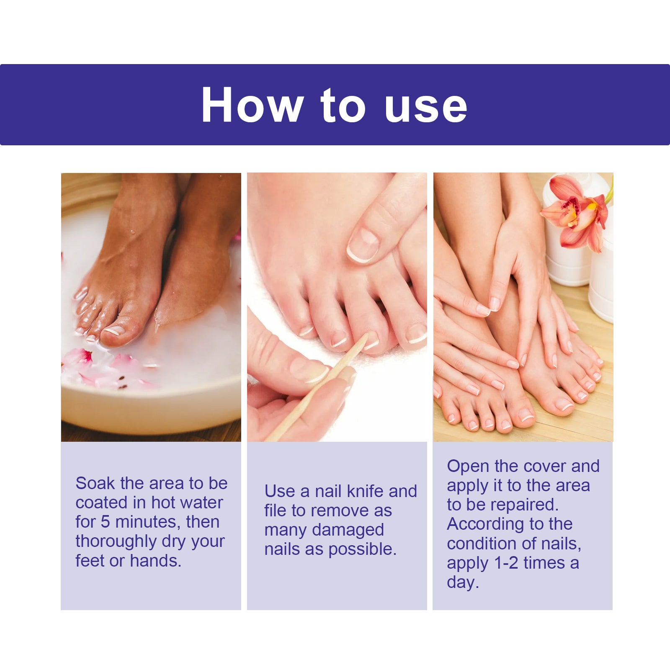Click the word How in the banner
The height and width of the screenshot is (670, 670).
pyautogui.click(x=252, y=105)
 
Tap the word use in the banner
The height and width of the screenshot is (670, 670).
pyautogui.click(x=425, y=107)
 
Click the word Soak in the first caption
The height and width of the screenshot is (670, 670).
pyautogui.click(x=95, y=483)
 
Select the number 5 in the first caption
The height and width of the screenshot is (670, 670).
pyautogui.click(x=106, y=522)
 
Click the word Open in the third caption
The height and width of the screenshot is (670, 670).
pyautogui.click(x=468, y=467)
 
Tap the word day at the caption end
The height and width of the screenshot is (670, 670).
pyautogui.click(x=462, y=582)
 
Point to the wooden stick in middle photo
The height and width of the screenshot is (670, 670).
pyautogui.click(x=318, y=387)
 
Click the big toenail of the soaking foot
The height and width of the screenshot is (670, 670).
pyautogui.click(x=115, y=331)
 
